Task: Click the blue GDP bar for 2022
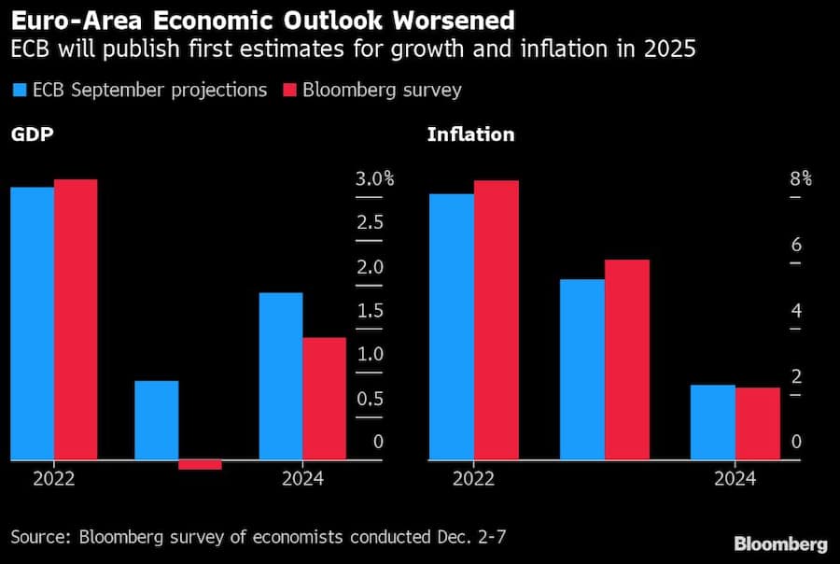[x=32, y=323]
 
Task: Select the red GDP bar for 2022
[x=76, y=319]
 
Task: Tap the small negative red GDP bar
[x=200, y=464]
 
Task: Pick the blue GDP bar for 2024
[x=281, y=376]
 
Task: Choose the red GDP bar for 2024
[x=325, y=399]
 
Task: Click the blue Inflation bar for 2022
[x=452, y=327]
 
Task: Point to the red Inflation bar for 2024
[x=757, y=423]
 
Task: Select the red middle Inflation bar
[x=627, y=360]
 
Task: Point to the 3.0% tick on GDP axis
[x=374, y=179]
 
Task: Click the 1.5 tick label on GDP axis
[x=371, y=311]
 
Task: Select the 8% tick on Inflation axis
[x=801, y=179]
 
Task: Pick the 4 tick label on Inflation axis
[x=796, y=311]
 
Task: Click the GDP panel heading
[x=32, y=134]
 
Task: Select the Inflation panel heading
[x=470, y=134]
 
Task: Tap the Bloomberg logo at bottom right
[x=780, y=543]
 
